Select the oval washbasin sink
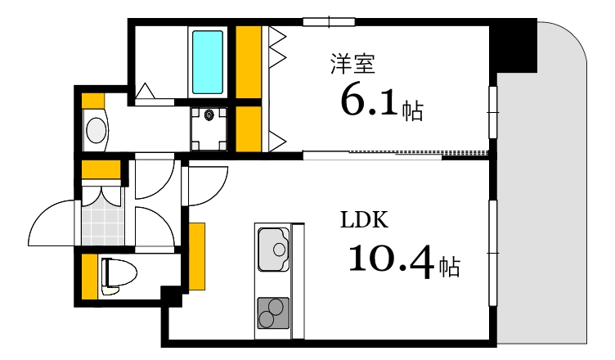click(97, 129)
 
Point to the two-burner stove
click(273, 312)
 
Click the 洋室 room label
click(352, 64)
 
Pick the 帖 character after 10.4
click(447, 266)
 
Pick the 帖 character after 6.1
click(412, 110)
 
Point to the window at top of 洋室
click(329, 21)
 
